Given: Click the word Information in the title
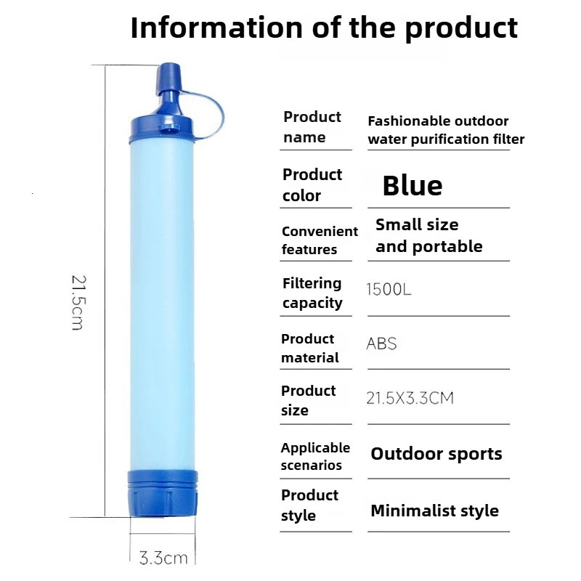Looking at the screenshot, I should [217, 28].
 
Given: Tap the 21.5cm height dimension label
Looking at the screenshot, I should [78, 301].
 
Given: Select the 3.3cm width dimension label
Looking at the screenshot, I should [163, 558].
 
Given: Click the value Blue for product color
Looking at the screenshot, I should [413, 186].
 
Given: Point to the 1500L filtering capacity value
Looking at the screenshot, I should [389, 290].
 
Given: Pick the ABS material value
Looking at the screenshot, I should [382, 343].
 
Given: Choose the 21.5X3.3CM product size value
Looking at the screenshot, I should [410, 398].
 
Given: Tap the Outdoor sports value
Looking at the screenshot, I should [436, 454].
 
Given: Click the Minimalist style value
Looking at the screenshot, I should [434, 511].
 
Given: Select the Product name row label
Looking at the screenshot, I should [312, 127].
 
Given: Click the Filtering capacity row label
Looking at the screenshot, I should [312, 293].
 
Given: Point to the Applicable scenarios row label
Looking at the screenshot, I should [315, 456].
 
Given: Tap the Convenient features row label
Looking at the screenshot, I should [320, 240].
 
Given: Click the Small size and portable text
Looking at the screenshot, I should [428, 235].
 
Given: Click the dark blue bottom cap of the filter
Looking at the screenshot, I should [163, 492].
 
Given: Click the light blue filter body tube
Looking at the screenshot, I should [163, 305].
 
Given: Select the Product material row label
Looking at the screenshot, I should [310, 348].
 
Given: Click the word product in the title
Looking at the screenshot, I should [461, 28].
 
